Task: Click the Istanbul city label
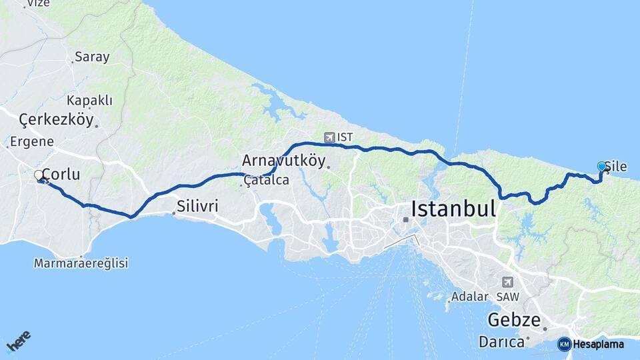(453, 209)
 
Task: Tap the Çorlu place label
(61, 175)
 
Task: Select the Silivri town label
(197, 206)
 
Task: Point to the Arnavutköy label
(283, 161)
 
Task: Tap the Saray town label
(92, 57)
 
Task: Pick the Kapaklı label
(89, 101)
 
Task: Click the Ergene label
(32, 141)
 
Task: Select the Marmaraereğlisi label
(81, 263)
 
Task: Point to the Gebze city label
(513, 319)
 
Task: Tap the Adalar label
(465, 296)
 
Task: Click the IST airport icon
(329, 137)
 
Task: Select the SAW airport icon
(508, 282)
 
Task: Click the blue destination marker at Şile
(601, 167)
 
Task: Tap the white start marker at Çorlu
(39, 175)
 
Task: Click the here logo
(18, 342)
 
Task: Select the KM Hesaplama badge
(591, 344)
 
